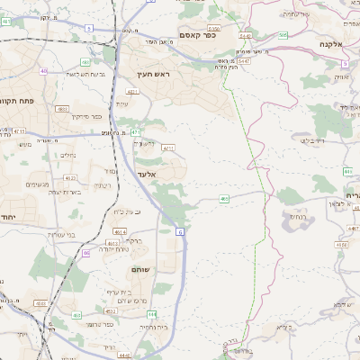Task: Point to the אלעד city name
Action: [148, 173]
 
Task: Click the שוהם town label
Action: [139, 268]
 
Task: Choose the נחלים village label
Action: [67, 155]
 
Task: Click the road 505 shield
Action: [283, 35]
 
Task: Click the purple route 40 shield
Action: [44, 70]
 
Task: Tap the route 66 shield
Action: [86, 253]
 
